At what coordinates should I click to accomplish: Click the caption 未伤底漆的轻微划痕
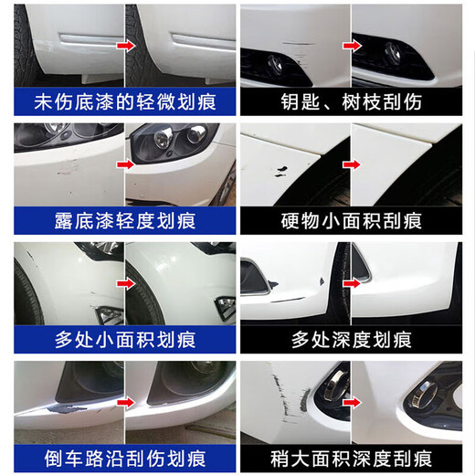pyautogui.click(x=125, y=101)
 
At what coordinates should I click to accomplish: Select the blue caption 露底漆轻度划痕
pyautogui.click(x=125, y=220)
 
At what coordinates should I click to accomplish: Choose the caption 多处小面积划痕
pyautogui.click(x=125, y=339)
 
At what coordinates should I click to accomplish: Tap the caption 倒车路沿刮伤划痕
pyautogui.click(x=125, y=456)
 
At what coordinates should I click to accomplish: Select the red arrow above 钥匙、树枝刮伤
pyautogui.click(x=352, y=43)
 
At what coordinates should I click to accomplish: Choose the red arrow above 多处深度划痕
pyautogui.click(x=352, y=281)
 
